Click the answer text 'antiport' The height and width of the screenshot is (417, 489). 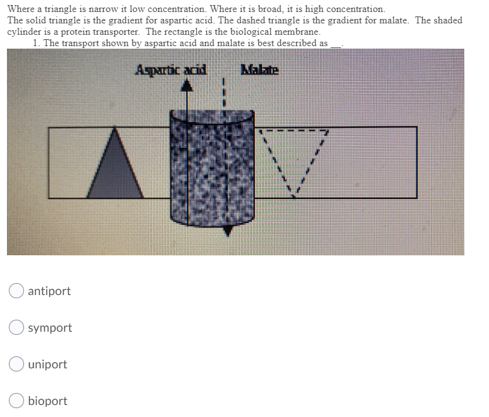coord(49,291)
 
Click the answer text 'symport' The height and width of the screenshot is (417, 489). coord(50,328)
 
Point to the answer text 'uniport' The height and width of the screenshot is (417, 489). coord(47,365)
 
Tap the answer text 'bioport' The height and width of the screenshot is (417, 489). coord(47,401)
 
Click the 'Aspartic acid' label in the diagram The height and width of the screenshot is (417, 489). coord(172,70)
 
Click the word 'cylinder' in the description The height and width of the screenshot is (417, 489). coord(24,32)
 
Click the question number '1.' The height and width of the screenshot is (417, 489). coord(37,43)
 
